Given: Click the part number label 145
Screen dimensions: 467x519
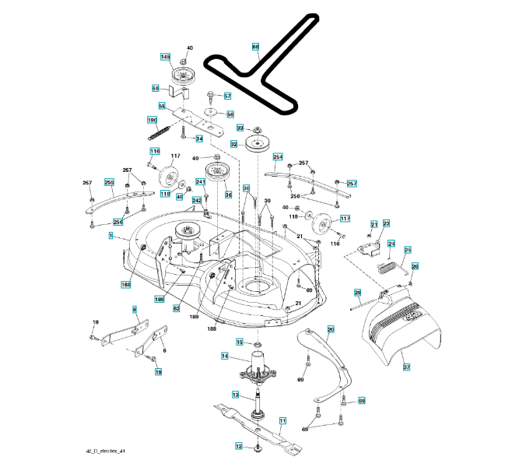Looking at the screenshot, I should point(166,57).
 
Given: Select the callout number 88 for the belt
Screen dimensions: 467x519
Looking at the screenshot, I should point(255,47).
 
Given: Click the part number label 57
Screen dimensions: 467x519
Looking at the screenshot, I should point(228,97).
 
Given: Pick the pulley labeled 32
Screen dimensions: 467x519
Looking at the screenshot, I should point(257,146).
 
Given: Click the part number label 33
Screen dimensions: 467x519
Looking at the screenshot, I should point(240,128).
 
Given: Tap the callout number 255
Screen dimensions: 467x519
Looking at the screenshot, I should point(109,182).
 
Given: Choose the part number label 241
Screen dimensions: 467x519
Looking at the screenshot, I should point(200,182).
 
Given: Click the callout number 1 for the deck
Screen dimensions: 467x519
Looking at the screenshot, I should point(112,235).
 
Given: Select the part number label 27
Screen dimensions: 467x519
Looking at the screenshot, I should point(405,366).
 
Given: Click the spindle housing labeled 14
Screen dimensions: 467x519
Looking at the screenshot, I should point(257,367).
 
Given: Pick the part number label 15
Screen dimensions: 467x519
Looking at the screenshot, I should point(239,342).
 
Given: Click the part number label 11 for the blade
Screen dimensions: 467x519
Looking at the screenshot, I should point(282,421).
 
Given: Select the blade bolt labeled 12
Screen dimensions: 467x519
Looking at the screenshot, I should point(258,446).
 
